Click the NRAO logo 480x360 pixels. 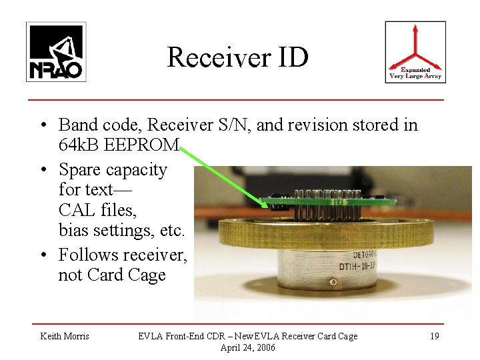click(55, 52)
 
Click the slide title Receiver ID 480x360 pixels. click(238, 57)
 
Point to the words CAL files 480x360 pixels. click(97, 212)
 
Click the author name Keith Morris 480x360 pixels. click(64, 336)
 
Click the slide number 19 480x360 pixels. click(434, 336)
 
